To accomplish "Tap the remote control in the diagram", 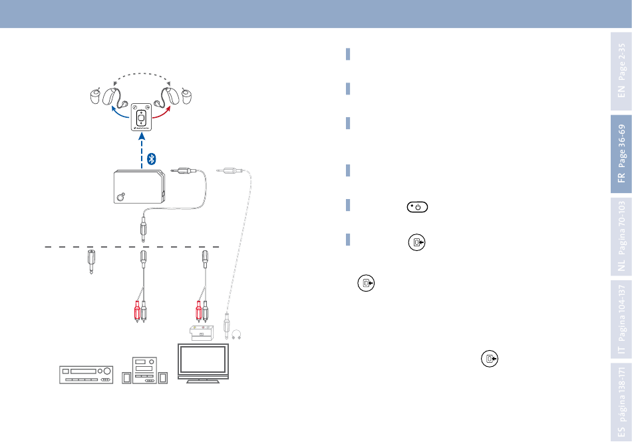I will [140, 117].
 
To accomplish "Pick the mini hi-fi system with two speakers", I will [144, 370].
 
